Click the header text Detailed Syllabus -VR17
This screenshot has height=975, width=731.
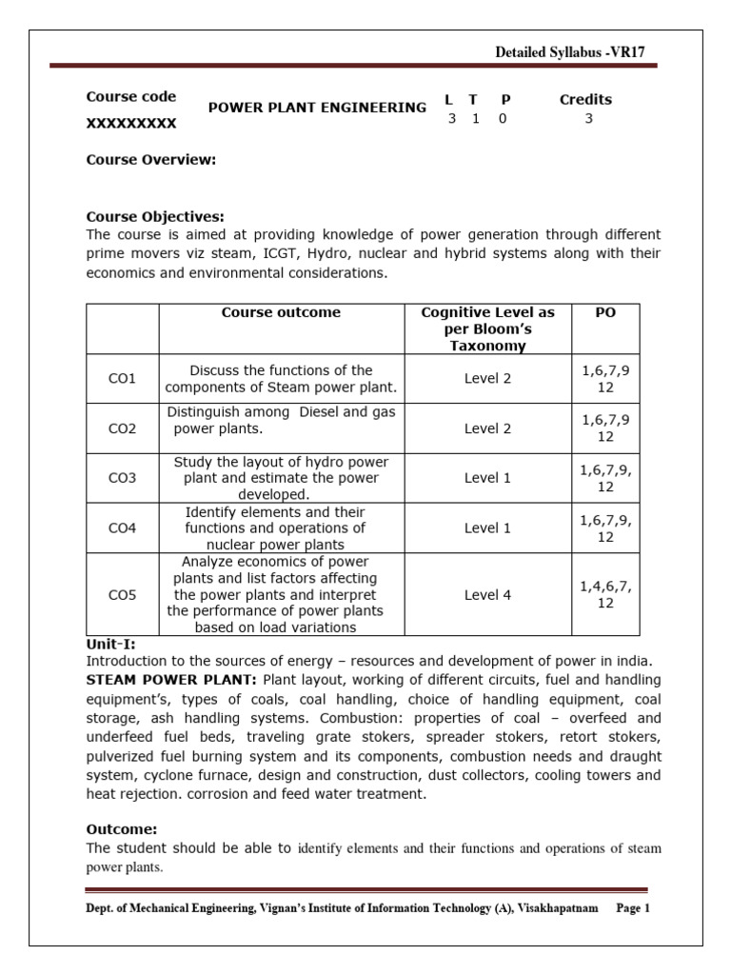click(570, 52)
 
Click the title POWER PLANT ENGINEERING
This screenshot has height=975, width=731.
click(317, 108)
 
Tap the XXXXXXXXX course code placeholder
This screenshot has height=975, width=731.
click(131, 123)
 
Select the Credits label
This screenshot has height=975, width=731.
click(585, 99)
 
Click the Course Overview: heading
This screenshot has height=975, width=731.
click(151, 159)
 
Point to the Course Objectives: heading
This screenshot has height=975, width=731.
click(155, 216)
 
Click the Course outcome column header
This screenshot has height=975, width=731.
click(281, 312)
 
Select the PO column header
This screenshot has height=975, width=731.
click(605, 312)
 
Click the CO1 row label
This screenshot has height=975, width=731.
click(122, 378)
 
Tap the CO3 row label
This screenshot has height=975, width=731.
click(122, 478)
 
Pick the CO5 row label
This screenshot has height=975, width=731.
click(122, 594)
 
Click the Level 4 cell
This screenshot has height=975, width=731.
click(487, 594)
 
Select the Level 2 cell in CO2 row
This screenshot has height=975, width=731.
click(487, 428)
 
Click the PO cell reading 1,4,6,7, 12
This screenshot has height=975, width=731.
click(605, 594)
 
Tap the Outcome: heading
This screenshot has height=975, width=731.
click(122, 829)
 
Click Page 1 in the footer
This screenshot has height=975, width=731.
click(632, 908)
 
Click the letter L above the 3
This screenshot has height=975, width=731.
click(451, 99)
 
